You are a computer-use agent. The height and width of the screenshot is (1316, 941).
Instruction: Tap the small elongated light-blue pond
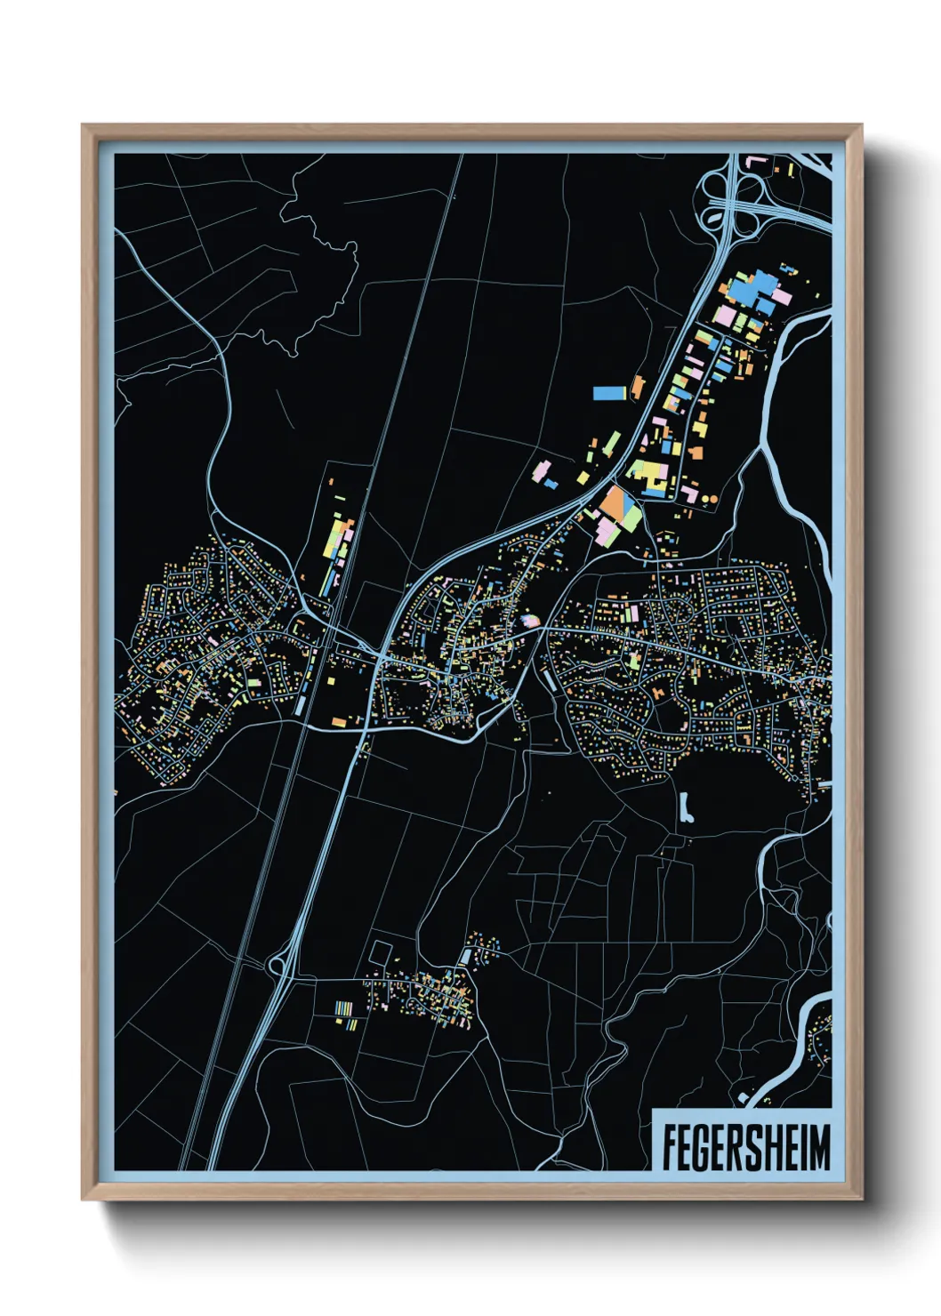point(685,807)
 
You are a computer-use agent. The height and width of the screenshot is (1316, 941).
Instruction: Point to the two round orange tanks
point(709,500)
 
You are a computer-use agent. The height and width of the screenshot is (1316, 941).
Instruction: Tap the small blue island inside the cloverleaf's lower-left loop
point(715,216)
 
